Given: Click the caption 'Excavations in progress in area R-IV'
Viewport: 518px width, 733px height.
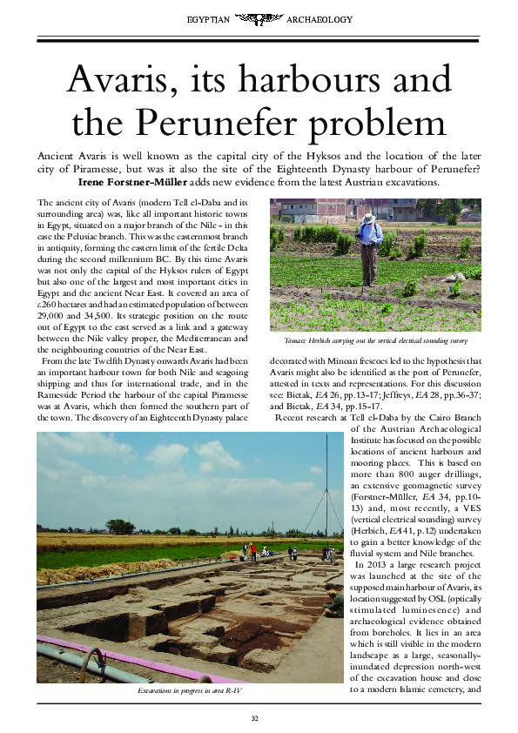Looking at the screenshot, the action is pyautogui.click(x=191, y=690).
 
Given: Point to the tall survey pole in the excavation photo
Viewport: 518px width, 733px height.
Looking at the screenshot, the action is pyautogui.click(x=312, y=488).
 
